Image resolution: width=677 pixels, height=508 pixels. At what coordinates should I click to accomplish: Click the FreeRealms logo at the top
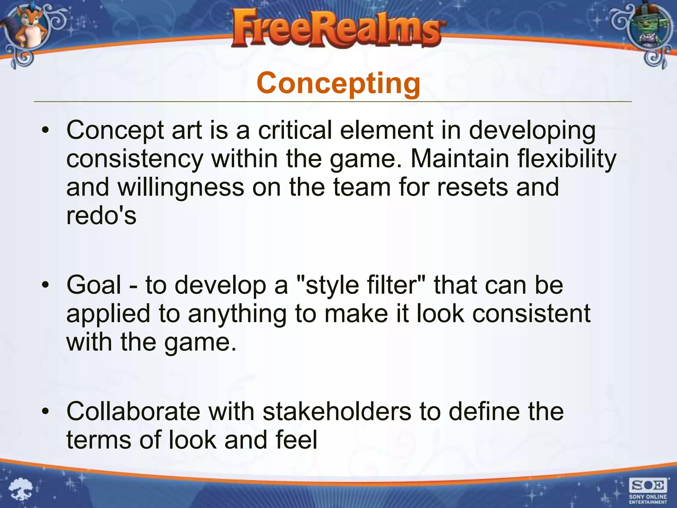(x=337, y=29)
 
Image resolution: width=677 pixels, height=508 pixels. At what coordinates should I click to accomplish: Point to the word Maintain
(x=459, y=159)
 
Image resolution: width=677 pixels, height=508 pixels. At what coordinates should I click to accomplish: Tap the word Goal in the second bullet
(x=94, y=285)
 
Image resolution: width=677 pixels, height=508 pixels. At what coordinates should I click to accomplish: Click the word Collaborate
(x=133, y=411)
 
